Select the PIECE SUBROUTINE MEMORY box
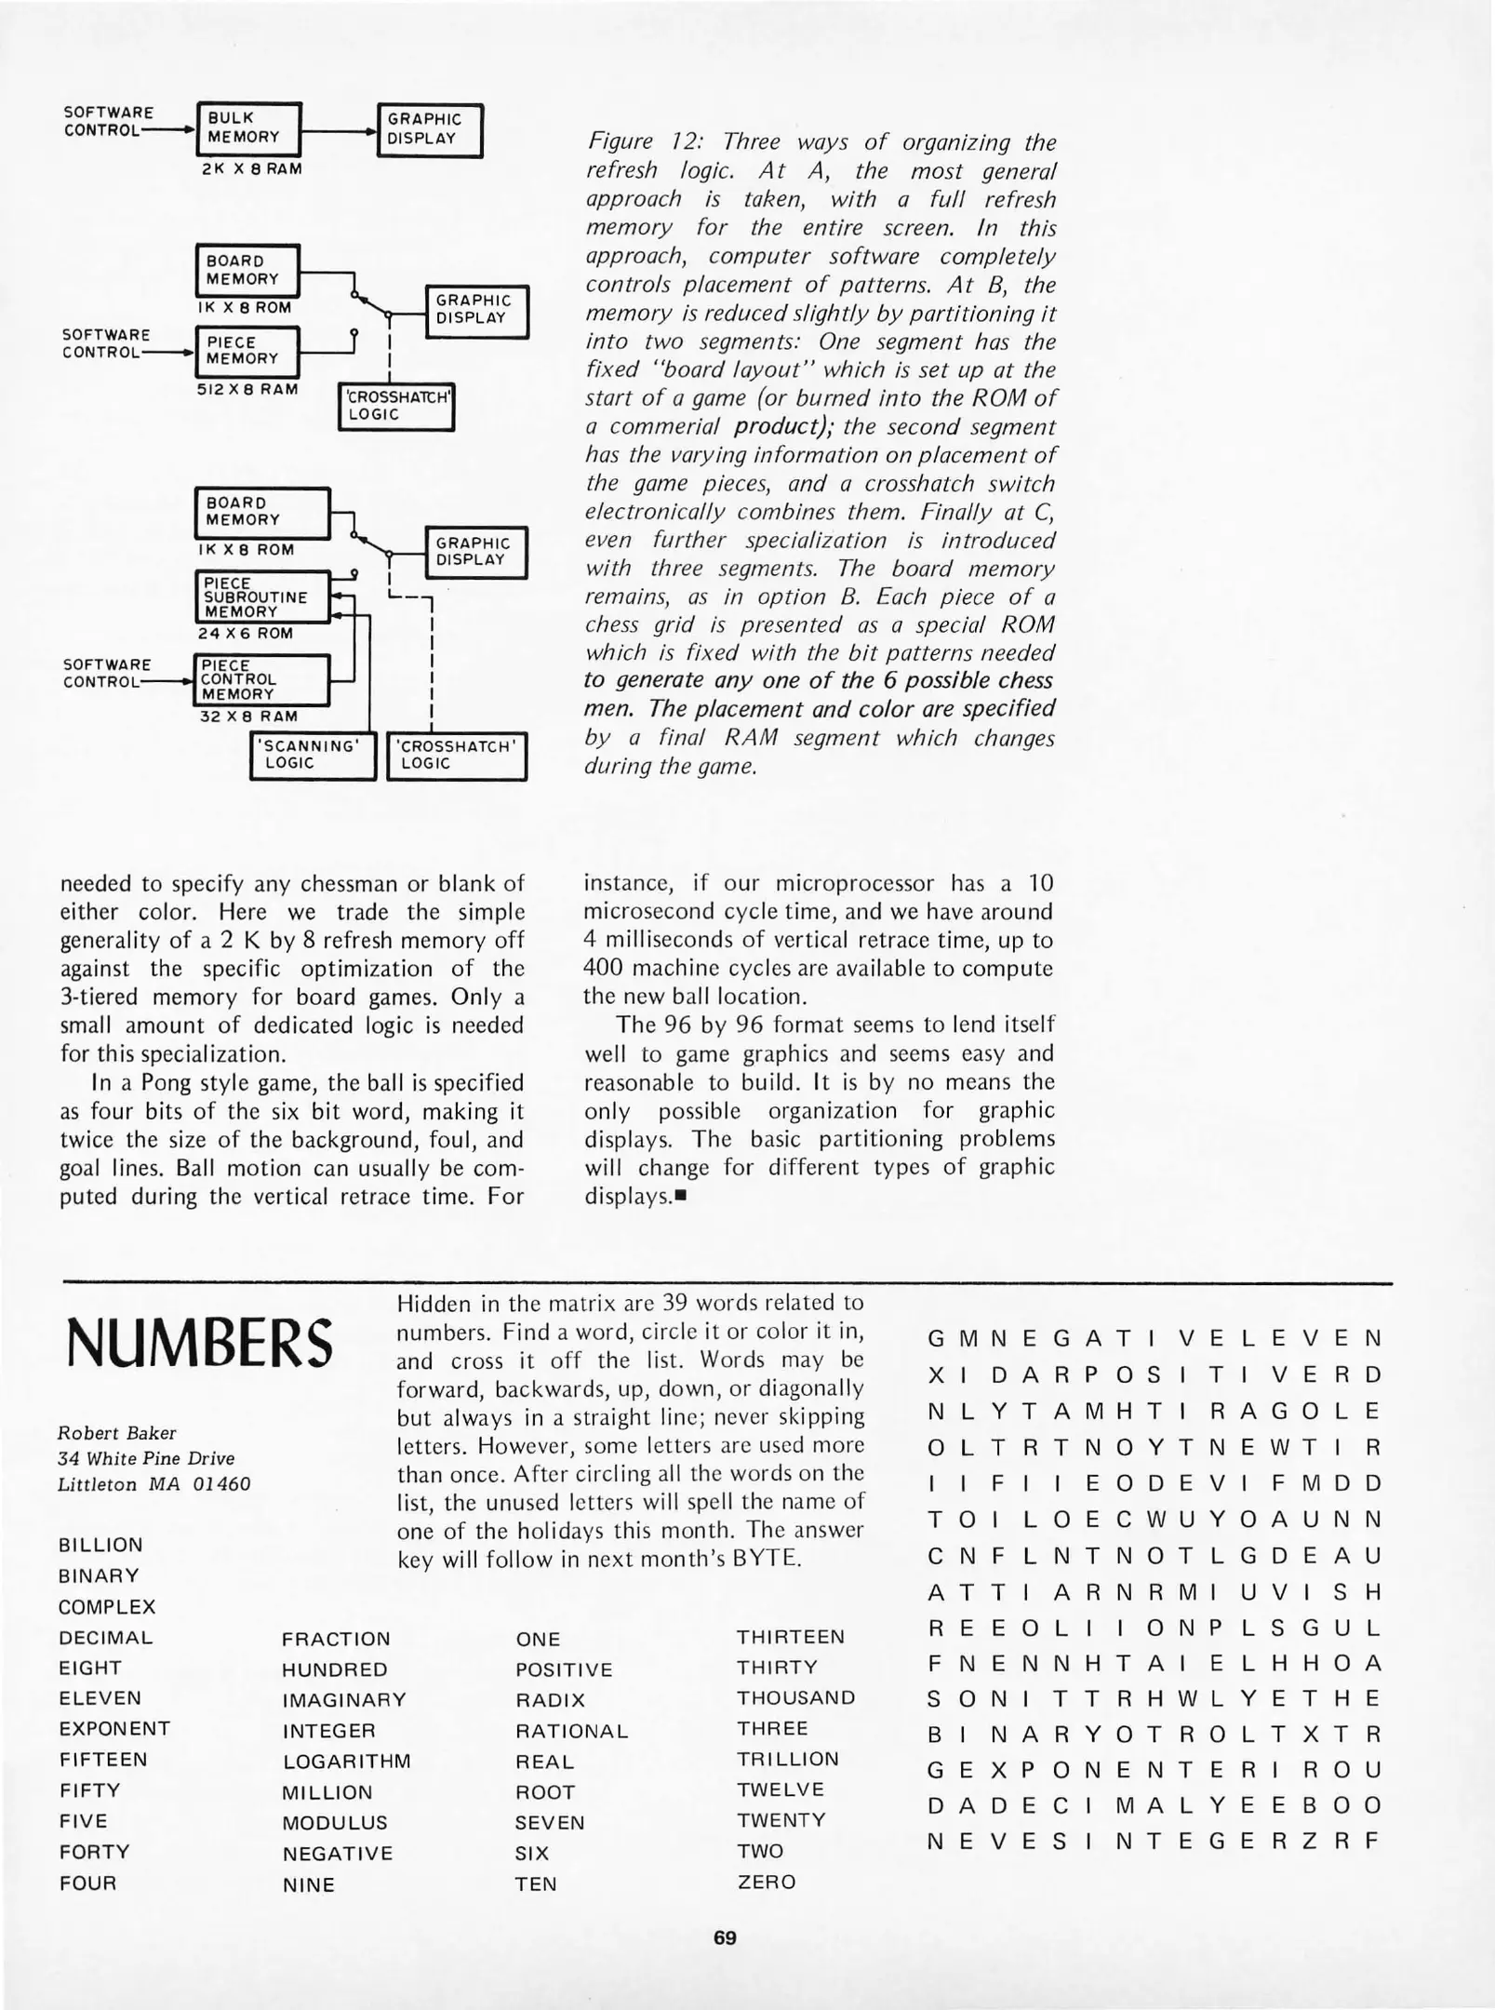pos(261,597)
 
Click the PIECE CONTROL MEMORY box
pos(261,680)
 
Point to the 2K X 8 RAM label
pos(251,169)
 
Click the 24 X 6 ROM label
pos(245,634)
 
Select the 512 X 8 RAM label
pos(247,389)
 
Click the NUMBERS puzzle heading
pos(199,1344)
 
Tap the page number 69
pos(725,1938)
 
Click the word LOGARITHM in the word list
pos(346,1762)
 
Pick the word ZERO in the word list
pos(767,1882)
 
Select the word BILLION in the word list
pos(100,1546)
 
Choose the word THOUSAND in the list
pos(795,1697)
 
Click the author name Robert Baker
pos(116,1433)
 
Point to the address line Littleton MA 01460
pos(154,1484)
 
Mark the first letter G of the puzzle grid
pos(936,1340)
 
